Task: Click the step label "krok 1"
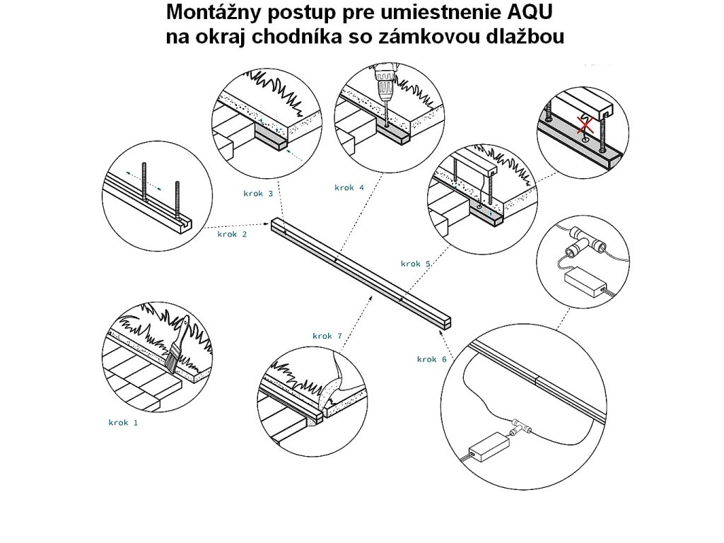123,423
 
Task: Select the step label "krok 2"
232,234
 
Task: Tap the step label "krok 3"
258,193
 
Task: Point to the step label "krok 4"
349,187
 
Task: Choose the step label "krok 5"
416,264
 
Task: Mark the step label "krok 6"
431,359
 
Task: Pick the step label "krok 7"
327,336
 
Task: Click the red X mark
583,126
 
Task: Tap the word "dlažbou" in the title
528,37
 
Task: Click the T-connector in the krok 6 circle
521,426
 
